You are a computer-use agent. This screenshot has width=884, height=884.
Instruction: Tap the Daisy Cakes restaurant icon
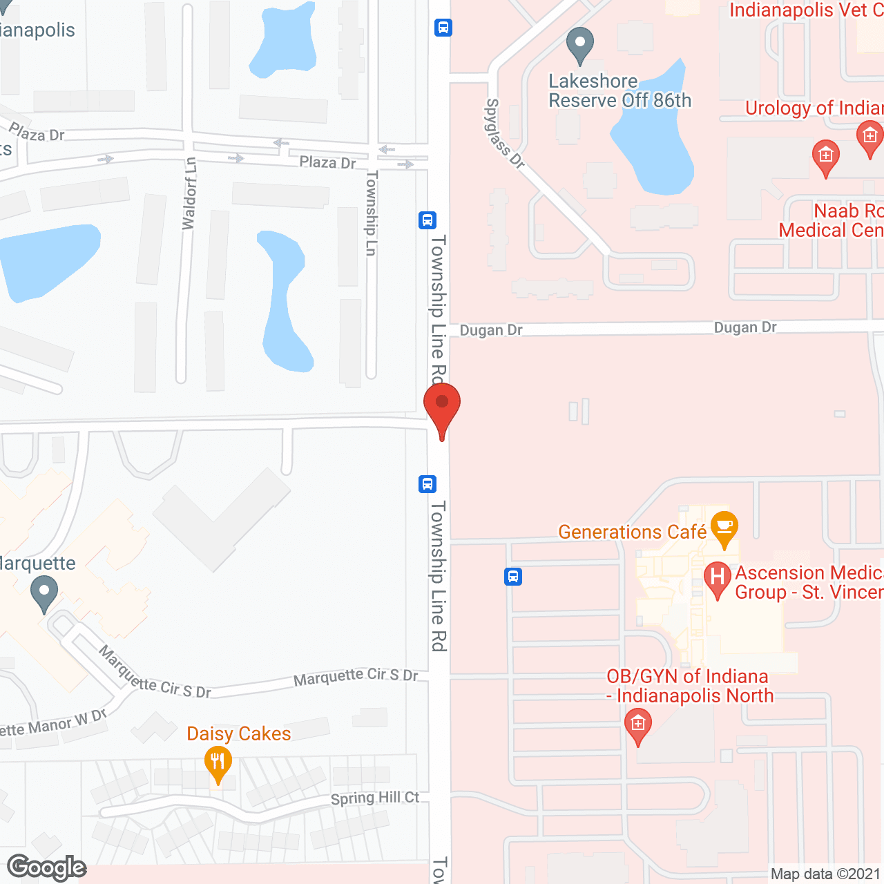(x=218, y=763)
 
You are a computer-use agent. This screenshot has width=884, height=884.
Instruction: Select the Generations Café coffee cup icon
(x=724, y=528)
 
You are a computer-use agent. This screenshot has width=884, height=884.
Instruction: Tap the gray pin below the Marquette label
(x=44, y=593)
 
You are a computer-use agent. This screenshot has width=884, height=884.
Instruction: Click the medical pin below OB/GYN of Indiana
(x=637, y=726)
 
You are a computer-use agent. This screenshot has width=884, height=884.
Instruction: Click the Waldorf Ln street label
(x=189, y=193)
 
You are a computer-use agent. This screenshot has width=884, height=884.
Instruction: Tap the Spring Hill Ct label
(x=375, y=798)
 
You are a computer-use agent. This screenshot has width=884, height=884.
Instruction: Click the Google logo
(x=47, y=867)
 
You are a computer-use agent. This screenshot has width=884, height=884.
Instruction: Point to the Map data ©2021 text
(x=825, y=874)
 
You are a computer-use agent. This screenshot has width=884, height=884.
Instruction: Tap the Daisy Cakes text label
(x=239, y=733)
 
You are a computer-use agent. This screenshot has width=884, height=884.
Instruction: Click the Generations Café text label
(x=632, y=532)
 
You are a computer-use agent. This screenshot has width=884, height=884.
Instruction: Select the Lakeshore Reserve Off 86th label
(x=619, y=91)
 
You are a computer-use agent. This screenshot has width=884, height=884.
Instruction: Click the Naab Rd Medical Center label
(x=831, y=220)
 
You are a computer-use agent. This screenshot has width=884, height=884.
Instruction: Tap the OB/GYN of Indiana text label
(x=689, y=686)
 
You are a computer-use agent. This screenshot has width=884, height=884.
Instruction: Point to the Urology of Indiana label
(x=814, y=108)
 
